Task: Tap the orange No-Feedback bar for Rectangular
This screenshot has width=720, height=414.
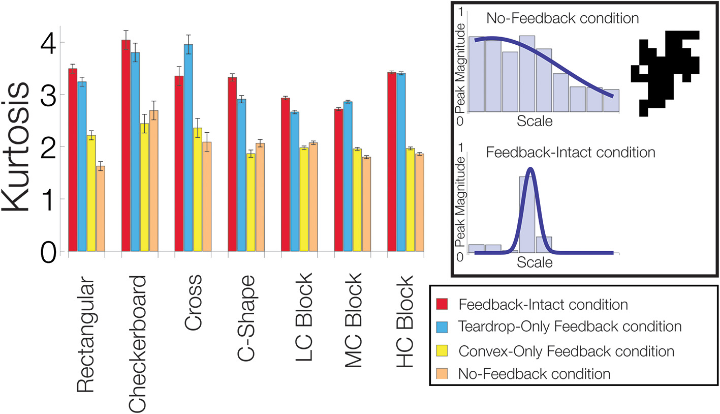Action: [101, 209]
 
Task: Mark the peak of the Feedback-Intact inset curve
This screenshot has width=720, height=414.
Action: [530, 169]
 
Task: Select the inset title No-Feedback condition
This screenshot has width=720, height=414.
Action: [562, 19]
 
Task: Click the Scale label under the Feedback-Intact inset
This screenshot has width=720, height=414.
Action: [534, 263]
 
